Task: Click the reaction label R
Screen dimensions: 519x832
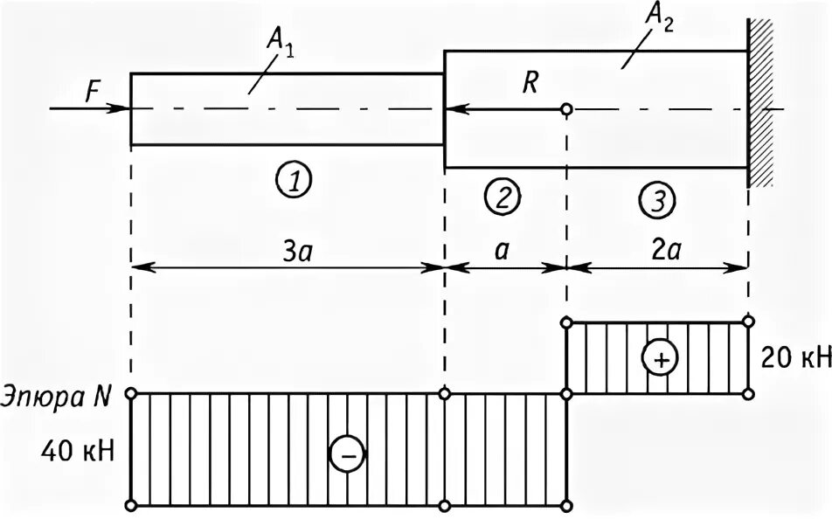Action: click(531, 83)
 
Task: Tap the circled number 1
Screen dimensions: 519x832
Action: click(295, 182)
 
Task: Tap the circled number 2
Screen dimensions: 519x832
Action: click(503, 197)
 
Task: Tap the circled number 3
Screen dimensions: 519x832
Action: click(656, 202)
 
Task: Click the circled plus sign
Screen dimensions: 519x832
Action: click(659, 358)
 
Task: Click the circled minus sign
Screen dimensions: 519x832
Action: click(346, 454)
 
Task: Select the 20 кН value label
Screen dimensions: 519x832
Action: click(794, 358)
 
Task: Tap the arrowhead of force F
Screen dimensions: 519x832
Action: click(123, 108)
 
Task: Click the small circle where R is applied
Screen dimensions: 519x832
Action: click(566, 109)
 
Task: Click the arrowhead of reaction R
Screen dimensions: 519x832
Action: click(454, 109)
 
